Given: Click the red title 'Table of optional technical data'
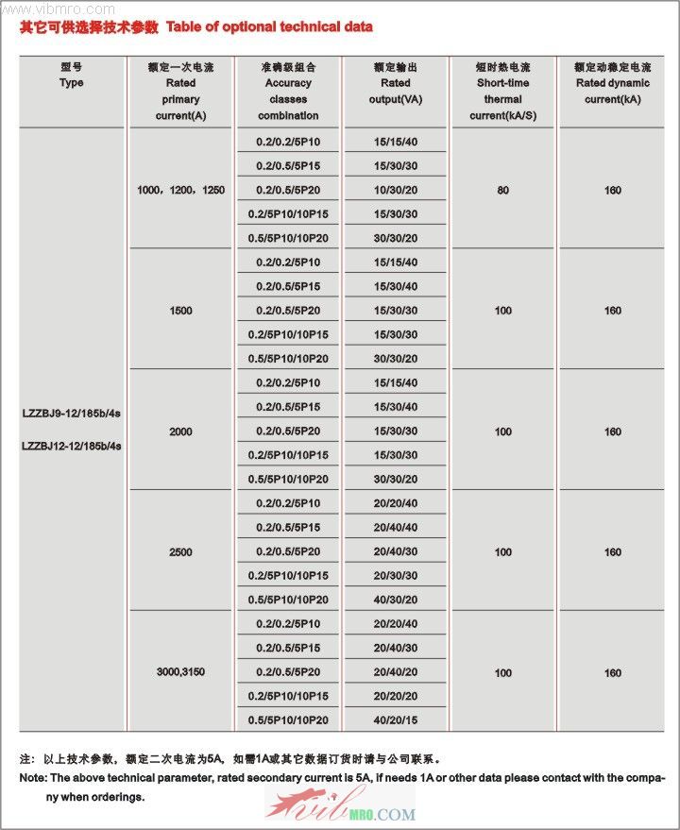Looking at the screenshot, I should [x=269, y=26].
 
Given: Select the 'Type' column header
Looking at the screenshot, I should [x=71, y=83].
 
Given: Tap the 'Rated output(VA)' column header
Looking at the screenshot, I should [x=395, y=92].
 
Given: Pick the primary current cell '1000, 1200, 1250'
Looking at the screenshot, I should [x=180, y=191].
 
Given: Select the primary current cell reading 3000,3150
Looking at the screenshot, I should [x=180, y=672].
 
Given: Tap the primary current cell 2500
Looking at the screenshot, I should [x=180, y=552].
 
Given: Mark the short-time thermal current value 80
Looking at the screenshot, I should [x=502, y=191].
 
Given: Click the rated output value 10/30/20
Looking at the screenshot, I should [x=395, y=190].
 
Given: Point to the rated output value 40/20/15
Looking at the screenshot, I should [x=395, y=720].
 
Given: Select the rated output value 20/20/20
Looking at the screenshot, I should [x=395, y=696].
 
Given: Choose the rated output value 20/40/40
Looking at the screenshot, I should [x=395, y=528].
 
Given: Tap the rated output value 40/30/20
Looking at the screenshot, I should [x=395, y=600].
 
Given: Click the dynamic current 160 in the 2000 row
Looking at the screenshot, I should [x=613, y=432].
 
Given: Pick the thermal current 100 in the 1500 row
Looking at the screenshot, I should [x=502, y=311].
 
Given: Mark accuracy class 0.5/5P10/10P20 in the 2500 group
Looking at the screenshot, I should [x=288, y=600].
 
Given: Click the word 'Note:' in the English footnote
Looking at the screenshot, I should [x=34, y=778].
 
